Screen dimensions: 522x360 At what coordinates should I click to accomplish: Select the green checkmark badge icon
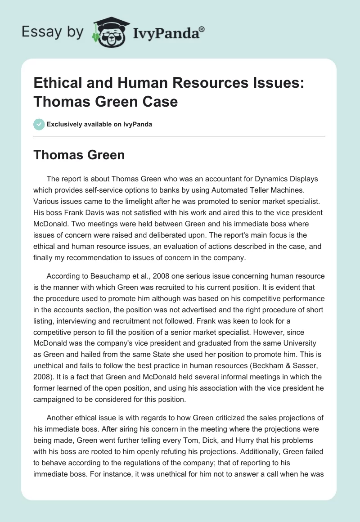pyautogui.click(x=39, y=124)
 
